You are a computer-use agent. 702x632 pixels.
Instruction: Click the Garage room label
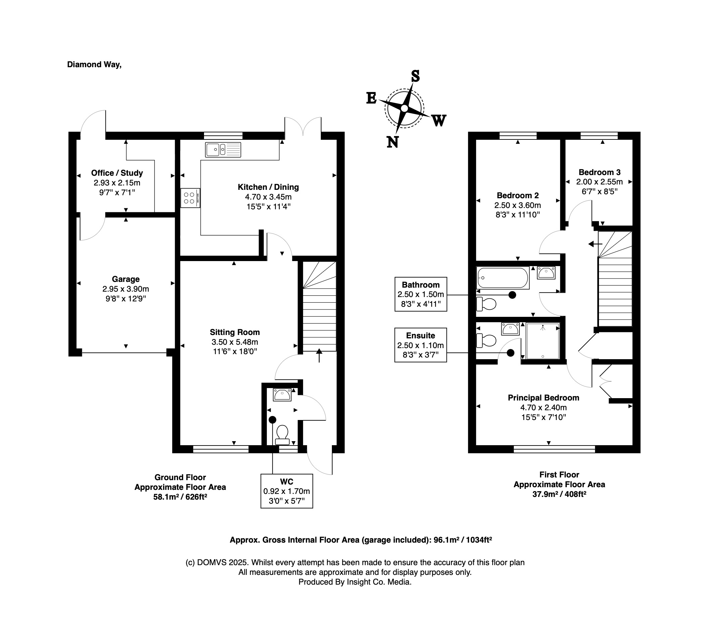pos(126,279)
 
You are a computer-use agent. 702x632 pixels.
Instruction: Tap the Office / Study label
pos(117,173)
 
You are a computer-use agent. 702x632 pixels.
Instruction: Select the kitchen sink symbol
pos(223,150)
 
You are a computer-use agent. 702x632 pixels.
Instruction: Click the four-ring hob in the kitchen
pos(190,198)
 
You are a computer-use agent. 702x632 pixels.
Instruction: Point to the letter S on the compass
pos(415,76)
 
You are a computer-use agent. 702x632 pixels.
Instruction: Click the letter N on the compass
pos(393,142)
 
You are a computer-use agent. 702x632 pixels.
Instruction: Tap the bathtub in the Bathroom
pos(503,278)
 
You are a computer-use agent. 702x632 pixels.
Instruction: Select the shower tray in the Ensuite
pos(543,341)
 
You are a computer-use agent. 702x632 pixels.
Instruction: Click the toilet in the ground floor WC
pos(282,435)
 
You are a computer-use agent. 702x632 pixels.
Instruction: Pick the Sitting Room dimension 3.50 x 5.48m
pos(235,342)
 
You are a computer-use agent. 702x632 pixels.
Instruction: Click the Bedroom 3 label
pos(600,172)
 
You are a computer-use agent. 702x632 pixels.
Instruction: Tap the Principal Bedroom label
pos(544,398)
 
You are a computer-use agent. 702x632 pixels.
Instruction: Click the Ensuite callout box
pos(421,345)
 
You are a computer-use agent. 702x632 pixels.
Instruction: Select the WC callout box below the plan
pos(287,491)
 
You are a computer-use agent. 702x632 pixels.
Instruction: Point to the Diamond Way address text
pos(94,65)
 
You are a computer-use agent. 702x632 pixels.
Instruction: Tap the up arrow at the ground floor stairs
pos(319,355)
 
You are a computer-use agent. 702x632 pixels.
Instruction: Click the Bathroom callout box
pos(421,294)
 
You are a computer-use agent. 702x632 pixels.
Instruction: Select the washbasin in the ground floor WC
pos(282,394)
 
